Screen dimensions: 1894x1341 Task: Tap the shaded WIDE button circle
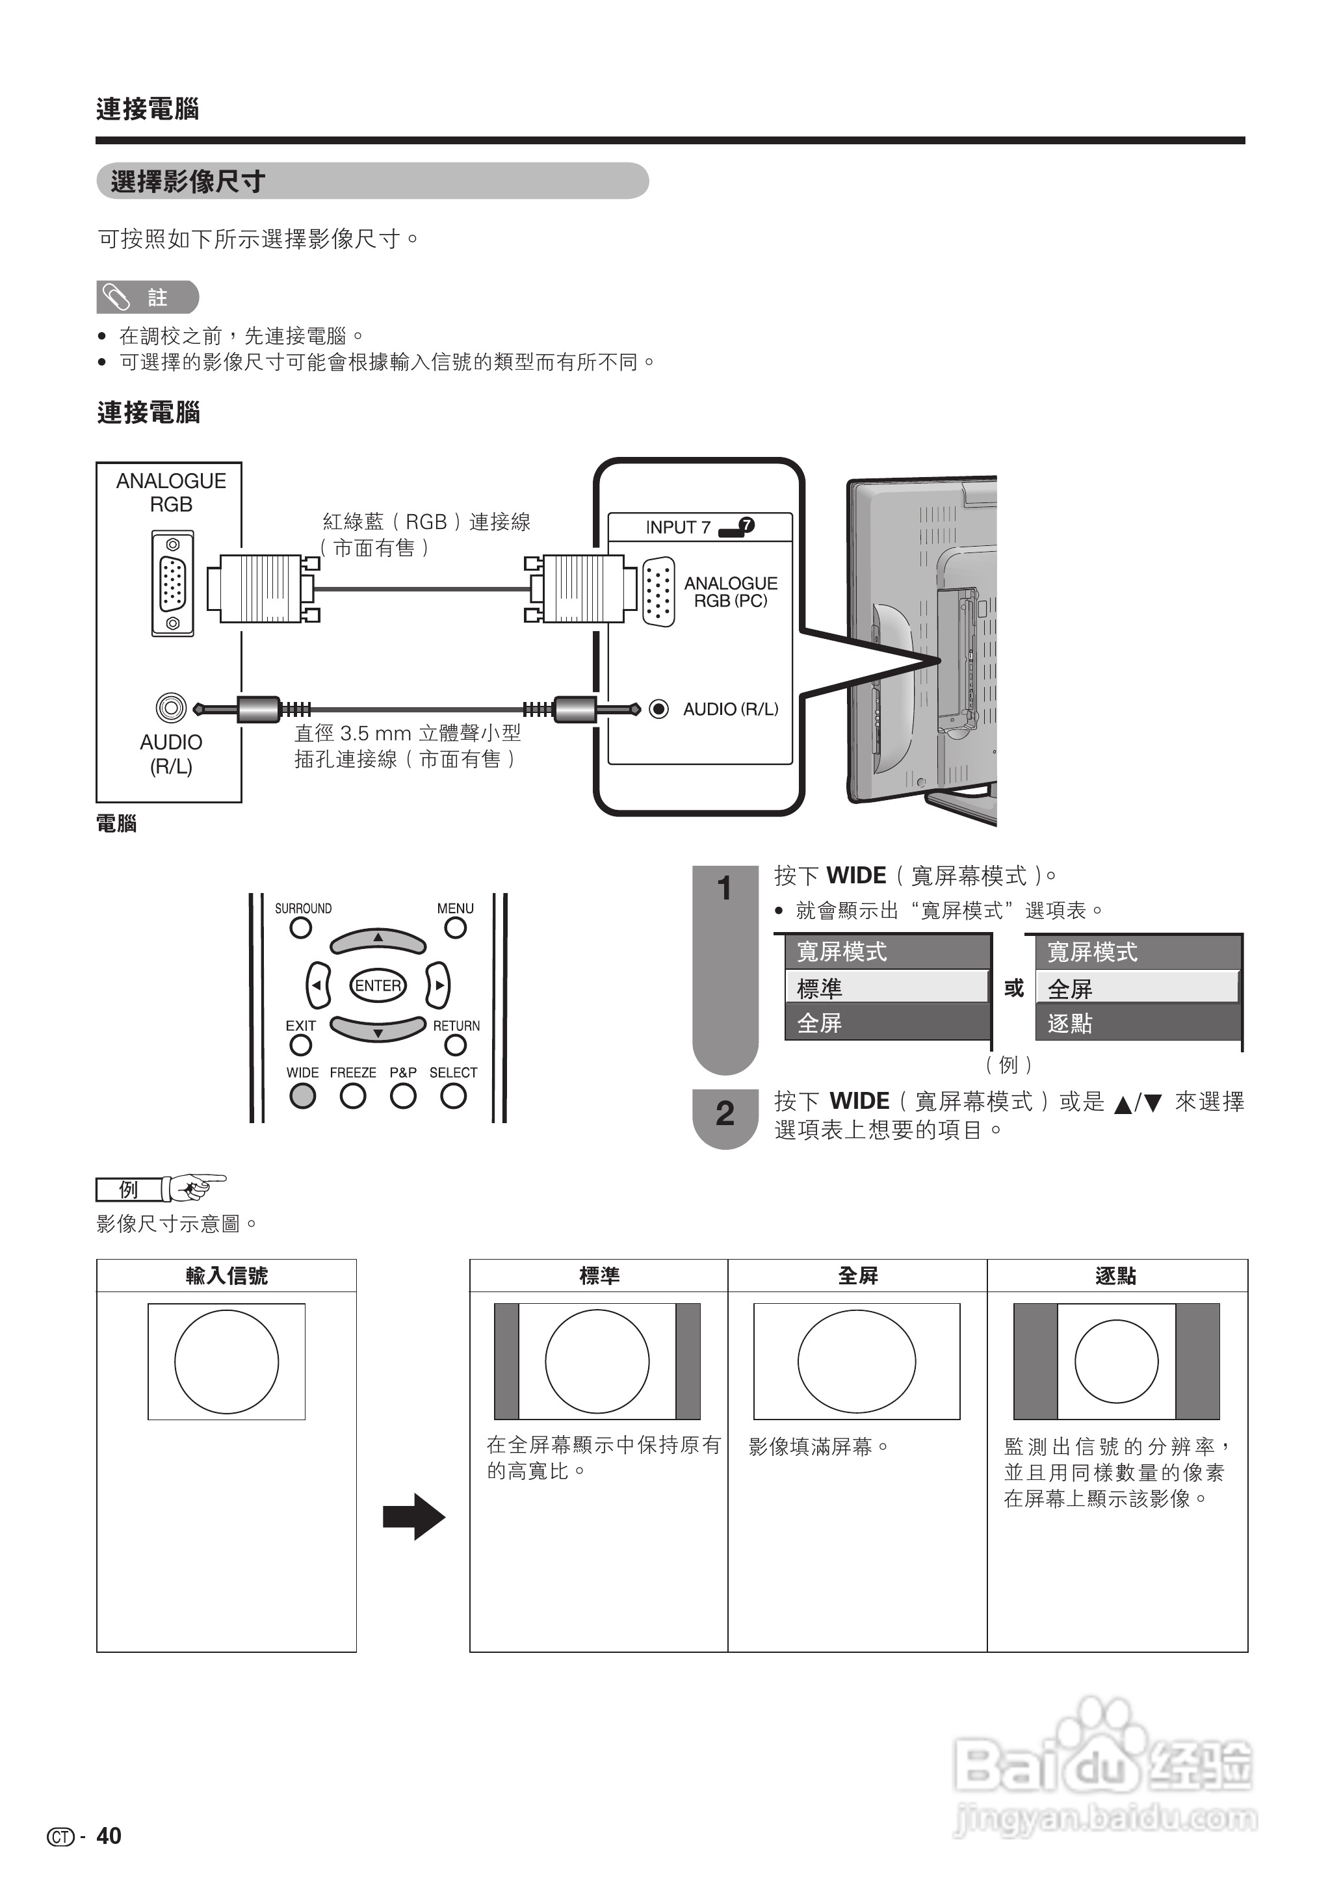pos(302,1096)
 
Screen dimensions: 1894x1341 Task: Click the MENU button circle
pos(455,928)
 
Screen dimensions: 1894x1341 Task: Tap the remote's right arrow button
pos(439,985)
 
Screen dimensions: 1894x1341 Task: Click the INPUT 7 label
pos(678,526)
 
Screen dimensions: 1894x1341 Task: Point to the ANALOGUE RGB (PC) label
pos(730,592)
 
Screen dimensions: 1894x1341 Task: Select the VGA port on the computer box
pos(172,583)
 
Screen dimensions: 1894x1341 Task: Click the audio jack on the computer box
pos(171,708)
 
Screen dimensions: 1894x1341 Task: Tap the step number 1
pos(724,889)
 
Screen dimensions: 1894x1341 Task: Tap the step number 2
pos(724,1114)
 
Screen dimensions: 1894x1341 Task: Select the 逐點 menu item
pos(1138,1024)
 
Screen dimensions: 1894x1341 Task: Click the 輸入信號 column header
pos(226,1276)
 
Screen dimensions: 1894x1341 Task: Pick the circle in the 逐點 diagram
pos(1115,1362)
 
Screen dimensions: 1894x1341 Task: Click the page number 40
pos(109,1836)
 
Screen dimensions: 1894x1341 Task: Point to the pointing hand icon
pos(195,1187)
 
